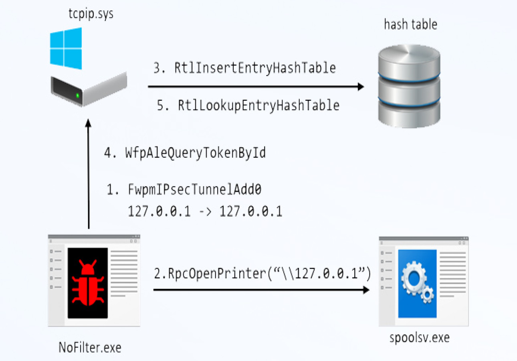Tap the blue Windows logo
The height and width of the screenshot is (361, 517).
click(66, 48)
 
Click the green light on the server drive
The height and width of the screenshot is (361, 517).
click(77, 95)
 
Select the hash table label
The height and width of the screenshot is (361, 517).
click(410, 25)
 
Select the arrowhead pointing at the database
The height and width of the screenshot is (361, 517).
click(360, 87)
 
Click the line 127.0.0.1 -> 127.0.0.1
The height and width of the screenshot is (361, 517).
click(205, 211)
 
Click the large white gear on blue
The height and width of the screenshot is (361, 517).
click(413, 276)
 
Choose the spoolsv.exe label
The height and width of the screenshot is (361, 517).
click(420, 338)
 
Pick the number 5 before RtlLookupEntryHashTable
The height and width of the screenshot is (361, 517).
click(161, 105)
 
